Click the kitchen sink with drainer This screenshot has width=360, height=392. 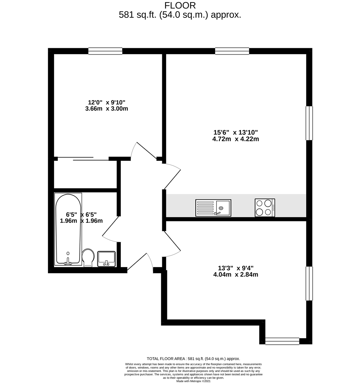pos(213,208)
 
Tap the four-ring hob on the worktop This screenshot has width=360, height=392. pos(265,208)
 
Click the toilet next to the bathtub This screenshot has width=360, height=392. pos(88,257)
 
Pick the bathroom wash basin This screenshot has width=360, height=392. pos(106,258)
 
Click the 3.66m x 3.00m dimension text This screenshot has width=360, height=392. pos(106,109)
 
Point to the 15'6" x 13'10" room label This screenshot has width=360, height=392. pos(236,132)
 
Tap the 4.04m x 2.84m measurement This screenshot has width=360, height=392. pos(236,274)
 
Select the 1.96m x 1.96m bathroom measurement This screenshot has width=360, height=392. pos(81,221)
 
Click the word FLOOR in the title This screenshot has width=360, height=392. pos(180,5)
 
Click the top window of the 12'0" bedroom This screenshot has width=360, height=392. pos(105,51)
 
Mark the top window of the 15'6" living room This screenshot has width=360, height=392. pos(232,51)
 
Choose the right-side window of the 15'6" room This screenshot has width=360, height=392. pos(309,123)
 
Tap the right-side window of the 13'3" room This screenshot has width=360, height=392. pos(309,283)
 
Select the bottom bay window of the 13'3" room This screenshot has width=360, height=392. pos(282,341)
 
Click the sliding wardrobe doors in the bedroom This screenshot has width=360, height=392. pos(83,159)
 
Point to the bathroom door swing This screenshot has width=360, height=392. pos(111,230)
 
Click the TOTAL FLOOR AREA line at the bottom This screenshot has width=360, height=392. pos(193,358)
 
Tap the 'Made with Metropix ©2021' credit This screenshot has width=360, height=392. pos(193,381)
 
